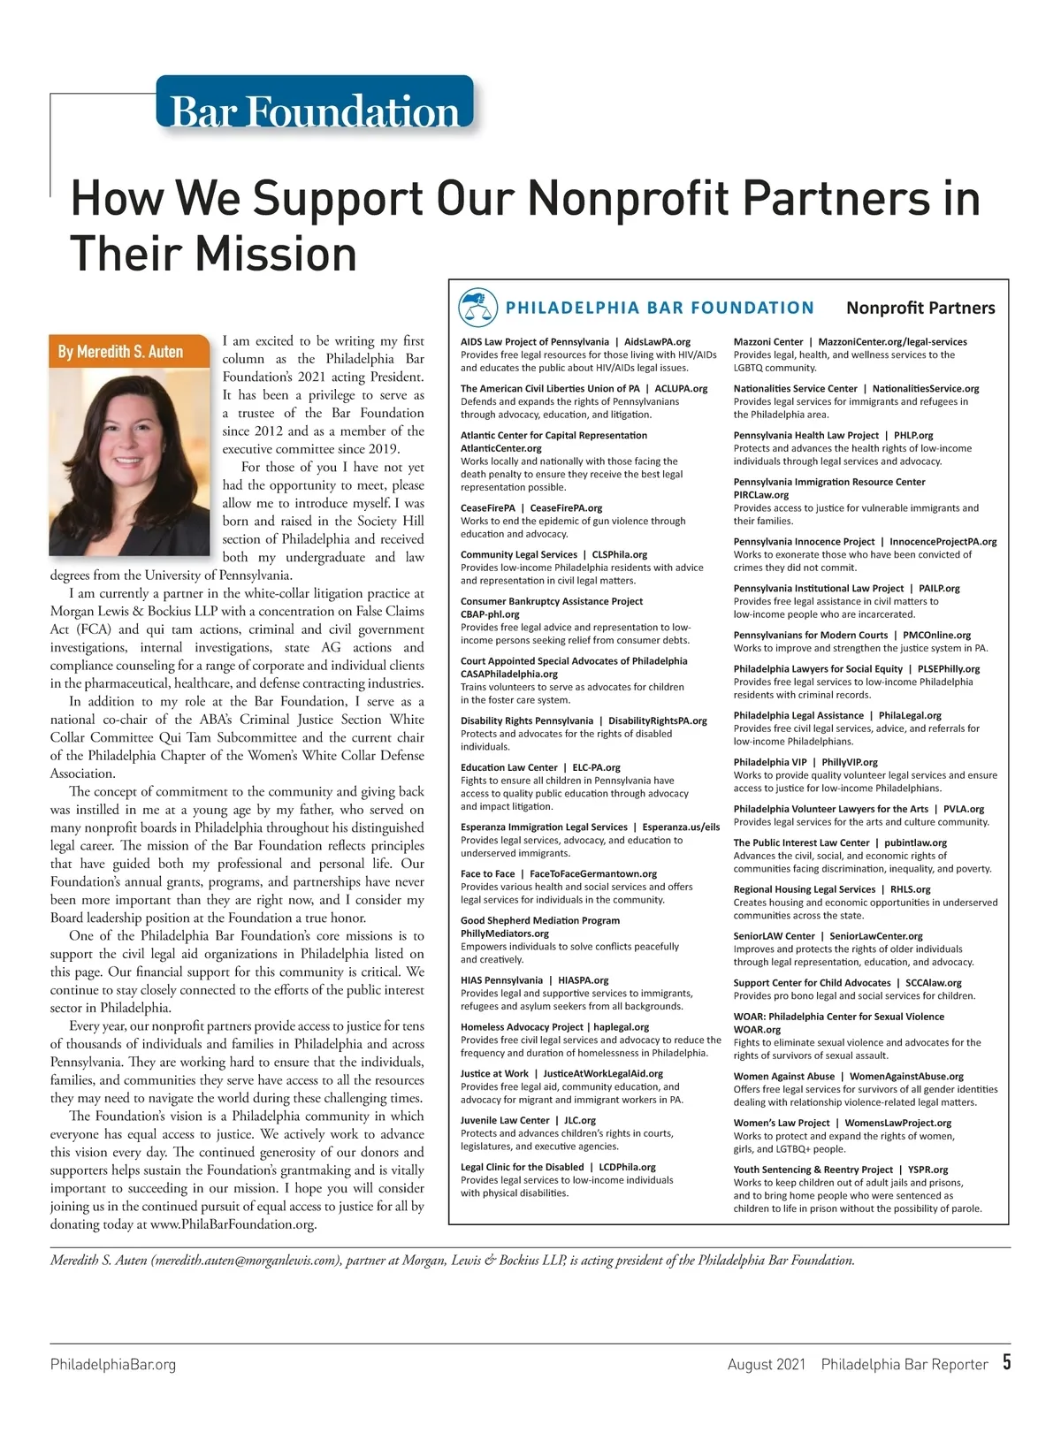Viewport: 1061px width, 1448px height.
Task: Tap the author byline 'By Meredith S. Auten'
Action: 120,352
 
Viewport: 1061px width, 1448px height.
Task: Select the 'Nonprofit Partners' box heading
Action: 920,308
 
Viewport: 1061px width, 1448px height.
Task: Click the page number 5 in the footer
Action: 1006,1362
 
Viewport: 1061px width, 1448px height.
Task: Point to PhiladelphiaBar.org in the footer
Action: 113,1364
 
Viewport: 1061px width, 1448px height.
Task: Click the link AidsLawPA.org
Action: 657,342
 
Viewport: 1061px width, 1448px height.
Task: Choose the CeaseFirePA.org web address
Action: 566,508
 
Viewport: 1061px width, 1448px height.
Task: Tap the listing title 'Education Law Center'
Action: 509,767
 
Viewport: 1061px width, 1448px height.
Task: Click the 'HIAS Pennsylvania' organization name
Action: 501,980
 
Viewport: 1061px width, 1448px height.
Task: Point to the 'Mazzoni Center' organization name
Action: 768,342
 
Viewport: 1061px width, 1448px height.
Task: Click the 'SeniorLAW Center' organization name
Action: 774,936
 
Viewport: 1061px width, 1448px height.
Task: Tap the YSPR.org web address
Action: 928,1170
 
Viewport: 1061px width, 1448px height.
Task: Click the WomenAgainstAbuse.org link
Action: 906,1076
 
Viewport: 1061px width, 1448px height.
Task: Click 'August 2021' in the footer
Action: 767,1364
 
